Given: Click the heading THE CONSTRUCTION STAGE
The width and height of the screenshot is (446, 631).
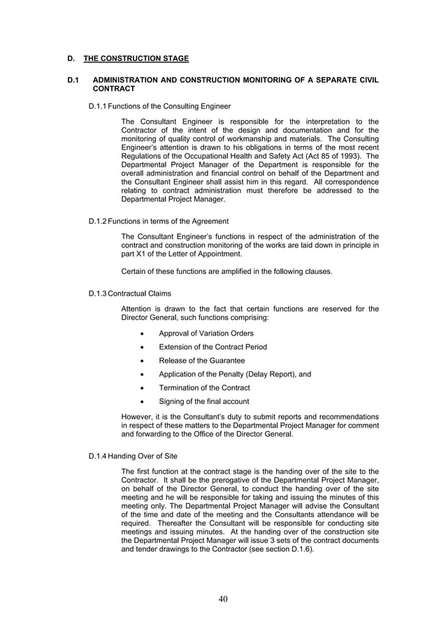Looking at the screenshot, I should pos(136,58).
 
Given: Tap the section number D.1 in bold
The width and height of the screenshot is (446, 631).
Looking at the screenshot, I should pos(73,80).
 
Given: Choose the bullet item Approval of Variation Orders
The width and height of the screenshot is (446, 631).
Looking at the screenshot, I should pos(206,333).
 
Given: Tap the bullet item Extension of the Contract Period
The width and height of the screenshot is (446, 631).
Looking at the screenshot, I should pos(213,347).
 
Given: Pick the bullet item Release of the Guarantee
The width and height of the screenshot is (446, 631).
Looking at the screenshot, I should pos(201,361).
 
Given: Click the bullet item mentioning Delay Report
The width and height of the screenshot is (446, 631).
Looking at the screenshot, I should pos(235,374).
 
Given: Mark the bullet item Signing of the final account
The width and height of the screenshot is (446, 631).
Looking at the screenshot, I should pos(203,401).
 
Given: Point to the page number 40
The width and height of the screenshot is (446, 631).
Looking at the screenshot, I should pos(223,598).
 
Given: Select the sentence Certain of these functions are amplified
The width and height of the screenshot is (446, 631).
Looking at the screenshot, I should pos(226,271).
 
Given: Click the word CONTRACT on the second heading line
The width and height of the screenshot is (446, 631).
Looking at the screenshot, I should pos(114,89).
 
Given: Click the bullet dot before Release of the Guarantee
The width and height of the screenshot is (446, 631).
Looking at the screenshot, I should pos(143,361).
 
